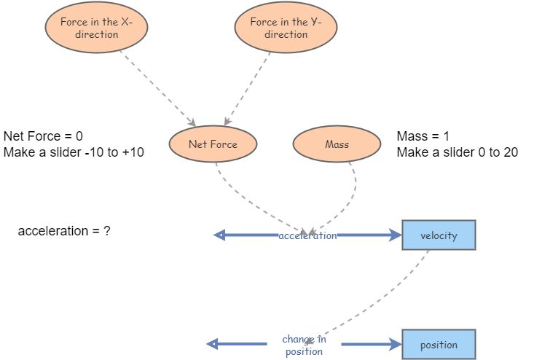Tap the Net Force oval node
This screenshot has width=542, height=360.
click(213, 144)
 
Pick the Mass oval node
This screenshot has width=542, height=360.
click(337, 144)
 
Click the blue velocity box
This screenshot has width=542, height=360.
click(439, 235)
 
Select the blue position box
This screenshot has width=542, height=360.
click(439, 345)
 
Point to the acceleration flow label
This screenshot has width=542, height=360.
click(307, 235)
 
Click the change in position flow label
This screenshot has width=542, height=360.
click(304, 345)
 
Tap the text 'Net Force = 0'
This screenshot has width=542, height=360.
click(44, 136)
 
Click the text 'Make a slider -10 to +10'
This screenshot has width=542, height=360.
click(74, 152)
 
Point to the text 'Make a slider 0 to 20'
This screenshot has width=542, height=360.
click(457, 152)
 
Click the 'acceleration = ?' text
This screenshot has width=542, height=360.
click(64, 231)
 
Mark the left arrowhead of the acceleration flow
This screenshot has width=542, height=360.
click(218, 235)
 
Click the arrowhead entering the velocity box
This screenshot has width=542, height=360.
click(396, 235)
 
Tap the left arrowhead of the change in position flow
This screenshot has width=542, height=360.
click(212, 344)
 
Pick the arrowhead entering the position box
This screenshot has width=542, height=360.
click(396, 344)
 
